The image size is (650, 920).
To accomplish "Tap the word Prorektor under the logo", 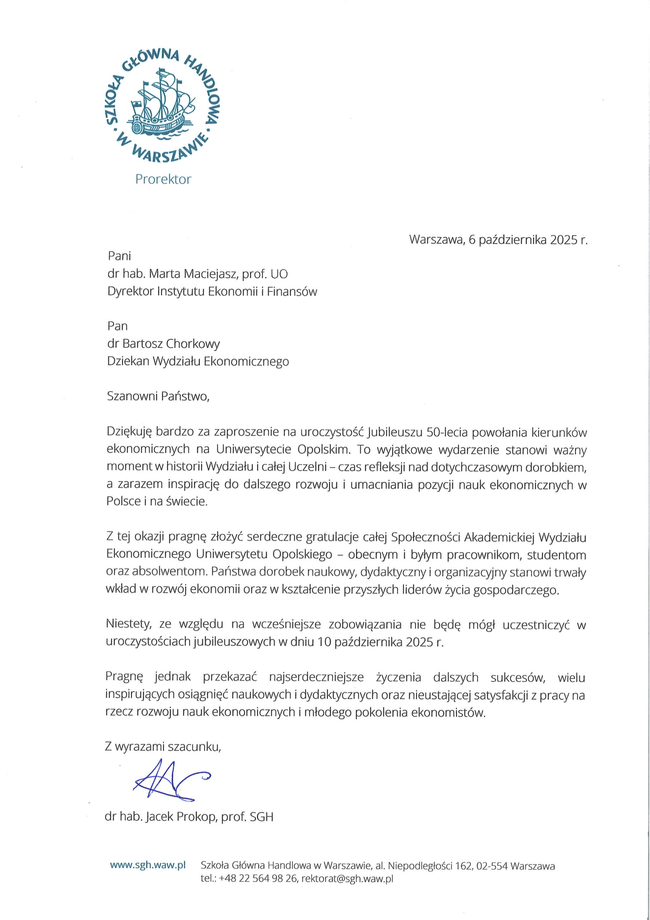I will click(x=163, y=179).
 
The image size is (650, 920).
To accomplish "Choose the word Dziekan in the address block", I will click(x=128, y=361).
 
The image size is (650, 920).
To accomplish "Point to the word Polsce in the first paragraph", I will click(x=123, y=502).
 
